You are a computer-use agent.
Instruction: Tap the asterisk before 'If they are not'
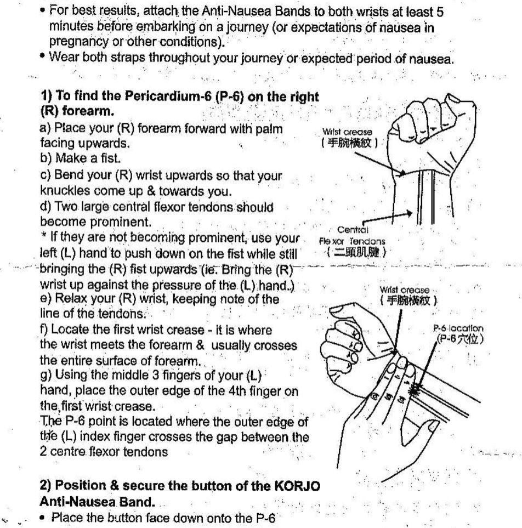(x=43, y=240)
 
